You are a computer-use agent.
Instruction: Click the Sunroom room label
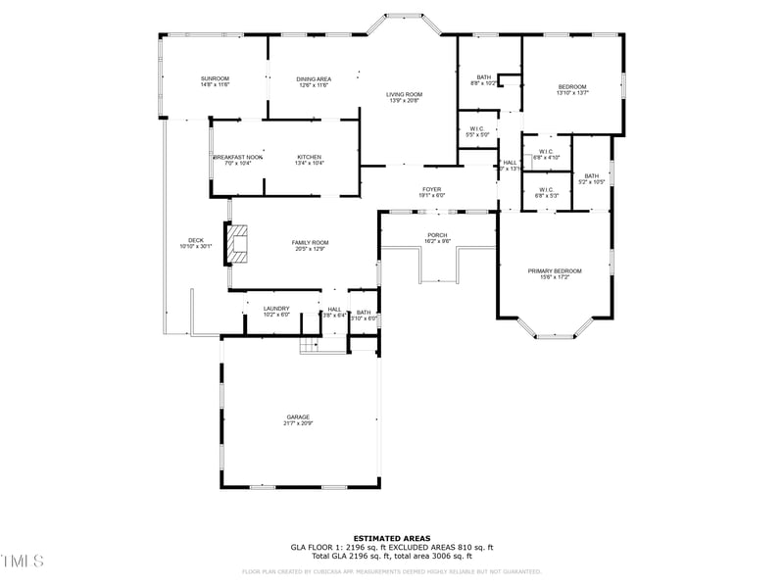[215, 78]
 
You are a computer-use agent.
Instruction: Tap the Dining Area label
[313, 78]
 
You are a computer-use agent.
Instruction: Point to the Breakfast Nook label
[238, 157]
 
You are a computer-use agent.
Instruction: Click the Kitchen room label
[310, 157]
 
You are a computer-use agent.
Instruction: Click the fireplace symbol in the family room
[237, 243]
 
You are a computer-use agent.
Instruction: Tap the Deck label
[196, 240]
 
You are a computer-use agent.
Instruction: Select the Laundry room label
[275, 309]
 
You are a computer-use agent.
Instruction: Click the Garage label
[298, 416]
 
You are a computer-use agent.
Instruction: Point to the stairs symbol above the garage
[311, 345]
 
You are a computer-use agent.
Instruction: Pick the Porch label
[437, 234]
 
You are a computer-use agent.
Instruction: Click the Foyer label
[432, 189]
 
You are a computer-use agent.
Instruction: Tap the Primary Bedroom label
[555, 270]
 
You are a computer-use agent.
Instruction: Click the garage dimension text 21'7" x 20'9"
[298, 423]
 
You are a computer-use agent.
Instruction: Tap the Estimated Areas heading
[392, 538]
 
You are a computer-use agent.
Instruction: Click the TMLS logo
[23, 561]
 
